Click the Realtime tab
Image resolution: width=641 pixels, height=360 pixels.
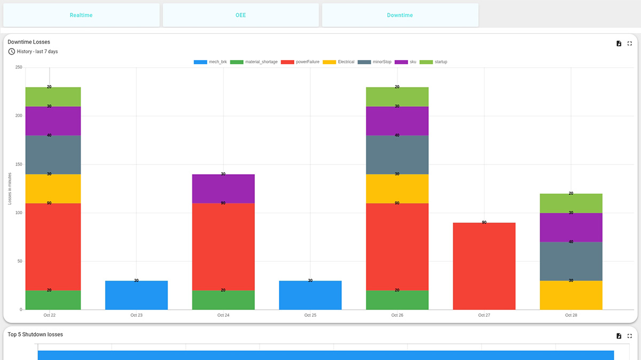tap(81, 15)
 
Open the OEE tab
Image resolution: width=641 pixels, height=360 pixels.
tap(241, 15)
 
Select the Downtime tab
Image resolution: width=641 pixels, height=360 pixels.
tap(400, 15)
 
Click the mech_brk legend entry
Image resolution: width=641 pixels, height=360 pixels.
tap(210, 62)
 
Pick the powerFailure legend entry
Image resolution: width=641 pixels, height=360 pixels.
tap(301, 62)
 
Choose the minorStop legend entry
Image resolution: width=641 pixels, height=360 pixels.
tap(375, 62)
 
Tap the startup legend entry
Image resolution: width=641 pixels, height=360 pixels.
tap(434, 62)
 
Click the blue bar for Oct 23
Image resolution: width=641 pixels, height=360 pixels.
tap(136, 295)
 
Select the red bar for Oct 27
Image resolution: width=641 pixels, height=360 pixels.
tap(484, 266)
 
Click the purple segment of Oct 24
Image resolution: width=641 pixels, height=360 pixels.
tap(223, 189)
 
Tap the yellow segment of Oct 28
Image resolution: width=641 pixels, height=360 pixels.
tap(571, 295)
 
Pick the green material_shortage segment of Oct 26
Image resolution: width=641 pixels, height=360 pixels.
tap(397, 300)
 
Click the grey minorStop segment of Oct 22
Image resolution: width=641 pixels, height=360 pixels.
tap(53, 154)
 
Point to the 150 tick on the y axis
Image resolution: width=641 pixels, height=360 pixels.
tap(19, 164)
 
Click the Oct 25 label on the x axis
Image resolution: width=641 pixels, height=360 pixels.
tap(310, 315)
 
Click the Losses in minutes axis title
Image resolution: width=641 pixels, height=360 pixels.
tap(10, 189)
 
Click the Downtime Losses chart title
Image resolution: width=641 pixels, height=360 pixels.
tap(29, 42)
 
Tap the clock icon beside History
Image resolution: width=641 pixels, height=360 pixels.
tap(12, 51)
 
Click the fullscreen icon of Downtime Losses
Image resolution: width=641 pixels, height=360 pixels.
tap(630, 43)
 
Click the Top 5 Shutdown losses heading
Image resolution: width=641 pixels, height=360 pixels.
tap(35, 334)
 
